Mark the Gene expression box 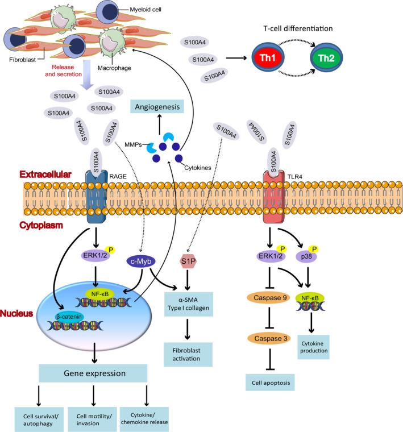[x=93, y=373]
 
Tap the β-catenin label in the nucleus [x=56, y=314]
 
